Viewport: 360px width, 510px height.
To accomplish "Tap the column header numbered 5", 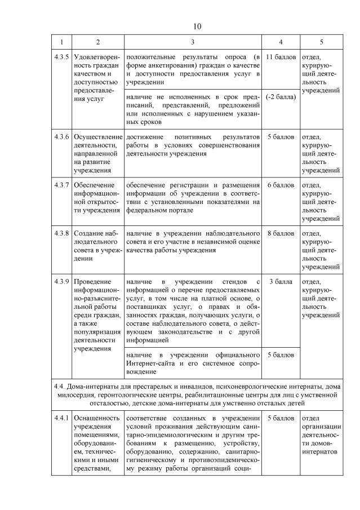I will [x=321, y=42].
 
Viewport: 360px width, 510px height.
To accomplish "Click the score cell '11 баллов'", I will [x=281, y=57].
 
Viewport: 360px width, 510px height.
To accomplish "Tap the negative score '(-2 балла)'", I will [x=281, y=96].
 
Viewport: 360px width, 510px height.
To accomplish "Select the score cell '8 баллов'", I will [x=281, y=233].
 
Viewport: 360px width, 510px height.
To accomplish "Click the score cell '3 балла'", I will [x=281, y=281].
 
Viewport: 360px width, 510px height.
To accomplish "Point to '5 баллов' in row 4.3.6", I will [x=281, y=137].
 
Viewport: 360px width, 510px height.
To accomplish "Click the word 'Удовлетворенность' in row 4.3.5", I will [x=97, y=61].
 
